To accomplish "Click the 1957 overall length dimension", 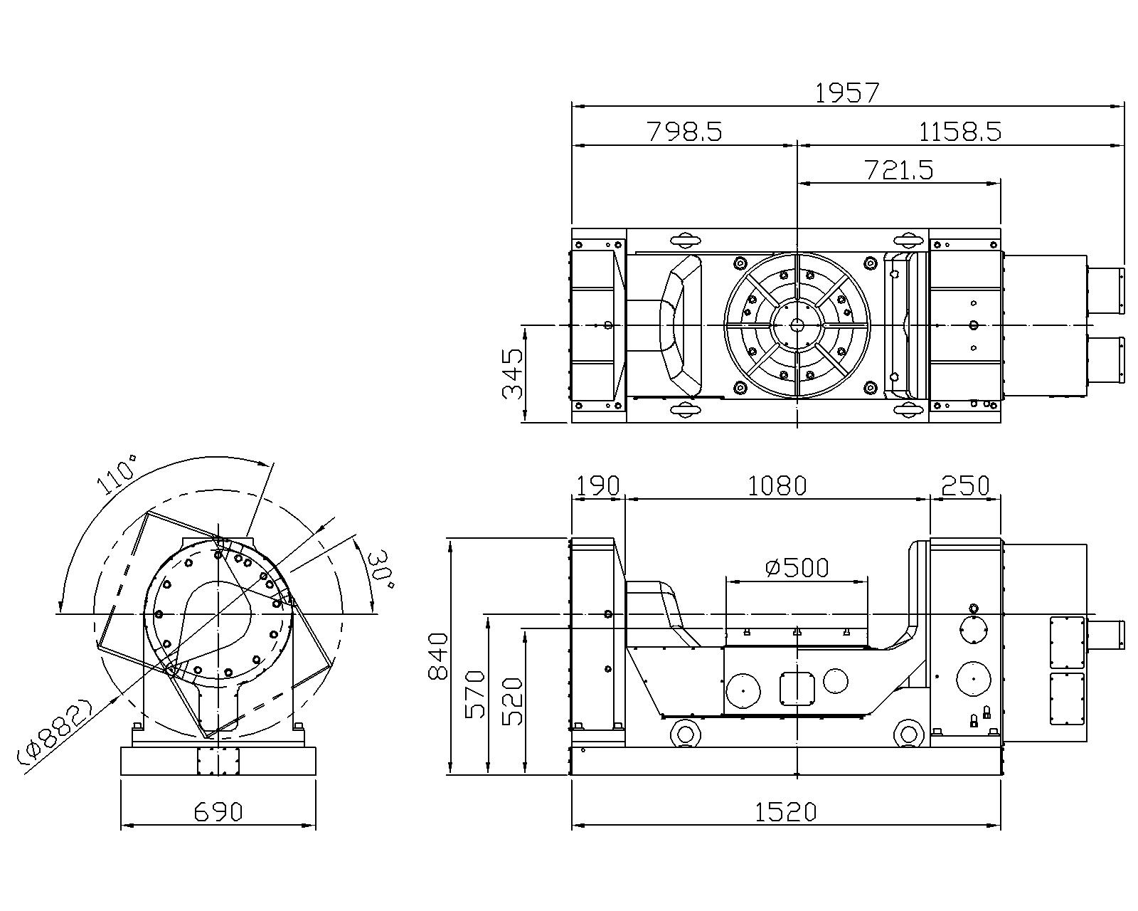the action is point(847,93).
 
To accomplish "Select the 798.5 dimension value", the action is point(684,132).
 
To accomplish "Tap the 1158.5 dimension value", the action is point(960,132).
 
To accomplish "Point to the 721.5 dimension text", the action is point(899,170).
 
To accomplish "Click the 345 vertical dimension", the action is point(513,374).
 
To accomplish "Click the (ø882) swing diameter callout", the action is point(56,733).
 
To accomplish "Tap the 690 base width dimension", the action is point(218,812).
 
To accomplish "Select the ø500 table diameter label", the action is point(797,567).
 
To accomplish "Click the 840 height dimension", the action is point(439,656).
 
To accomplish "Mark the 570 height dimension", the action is point(474,694).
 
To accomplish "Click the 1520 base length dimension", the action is point(785,811).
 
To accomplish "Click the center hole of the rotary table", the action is point(797,325).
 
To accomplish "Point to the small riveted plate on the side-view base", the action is point(218,762).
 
